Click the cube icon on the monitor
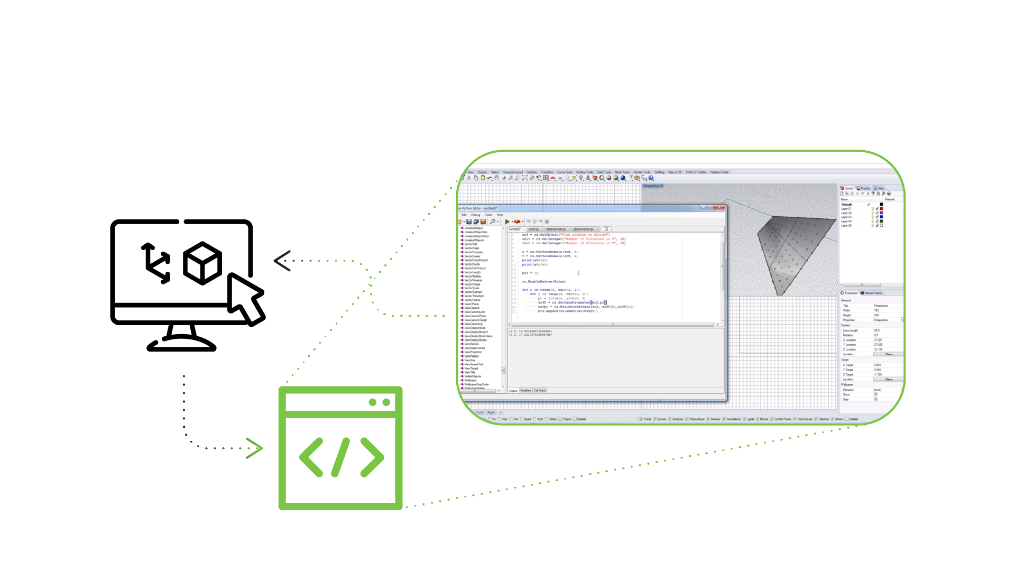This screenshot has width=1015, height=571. pyautogui.click(x=202, y=263)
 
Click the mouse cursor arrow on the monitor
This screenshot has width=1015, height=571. pyautogui.click(x=246, y=299)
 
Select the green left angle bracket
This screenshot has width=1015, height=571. pyautogui.click(x=311, y=457)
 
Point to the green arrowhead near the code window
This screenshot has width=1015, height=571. pyautogui.click(x=255, y=448)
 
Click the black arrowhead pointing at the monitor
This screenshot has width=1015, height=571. pyautogui.click(x=282, y=261)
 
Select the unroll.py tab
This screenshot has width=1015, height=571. pyautogui.click(x=534, y=229)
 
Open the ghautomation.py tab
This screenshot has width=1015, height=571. pyautogui.click(x=584, y=229)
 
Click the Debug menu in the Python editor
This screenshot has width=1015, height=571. pyautogui.click(x=476, y=215)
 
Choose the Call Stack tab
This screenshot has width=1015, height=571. pyautogui.click(x=540, y=391)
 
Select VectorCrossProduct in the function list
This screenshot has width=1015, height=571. pyautogui.click(x=476, y=260)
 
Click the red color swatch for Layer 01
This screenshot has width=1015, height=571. pyautogui.click(x=881, y=209)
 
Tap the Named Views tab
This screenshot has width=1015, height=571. pyautogui.click(x=872, y=293)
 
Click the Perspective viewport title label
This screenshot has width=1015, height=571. pyautogui.click(x=651, y=186)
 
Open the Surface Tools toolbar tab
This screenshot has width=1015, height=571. pyautogui.click(x=585, y=172)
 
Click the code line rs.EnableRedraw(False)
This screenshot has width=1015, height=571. pyautogui.click(x=544, y=282)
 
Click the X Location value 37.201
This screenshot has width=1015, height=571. pyautogui.click(x=878, y=340)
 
